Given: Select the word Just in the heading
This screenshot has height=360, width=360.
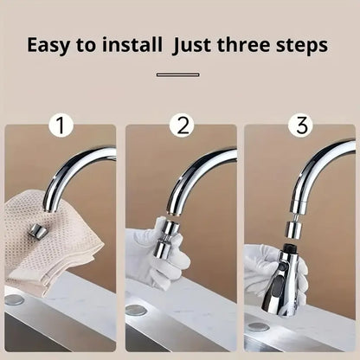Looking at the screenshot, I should [x=203, y=44].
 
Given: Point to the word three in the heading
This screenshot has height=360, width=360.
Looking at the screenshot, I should [x=255, y=44].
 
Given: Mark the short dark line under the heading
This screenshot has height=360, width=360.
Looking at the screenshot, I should [x=177, y=74].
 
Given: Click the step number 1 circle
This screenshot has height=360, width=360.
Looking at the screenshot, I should [x=61, y=126].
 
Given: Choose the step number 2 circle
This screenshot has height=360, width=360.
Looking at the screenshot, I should [x=181, y=126].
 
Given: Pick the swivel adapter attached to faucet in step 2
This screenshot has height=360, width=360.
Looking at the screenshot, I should [x=165, y=238].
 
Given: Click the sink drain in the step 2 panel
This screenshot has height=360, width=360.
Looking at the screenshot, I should [x=136, y=309].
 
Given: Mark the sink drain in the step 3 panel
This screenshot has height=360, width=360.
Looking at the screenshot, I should [x=257, y=328].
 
